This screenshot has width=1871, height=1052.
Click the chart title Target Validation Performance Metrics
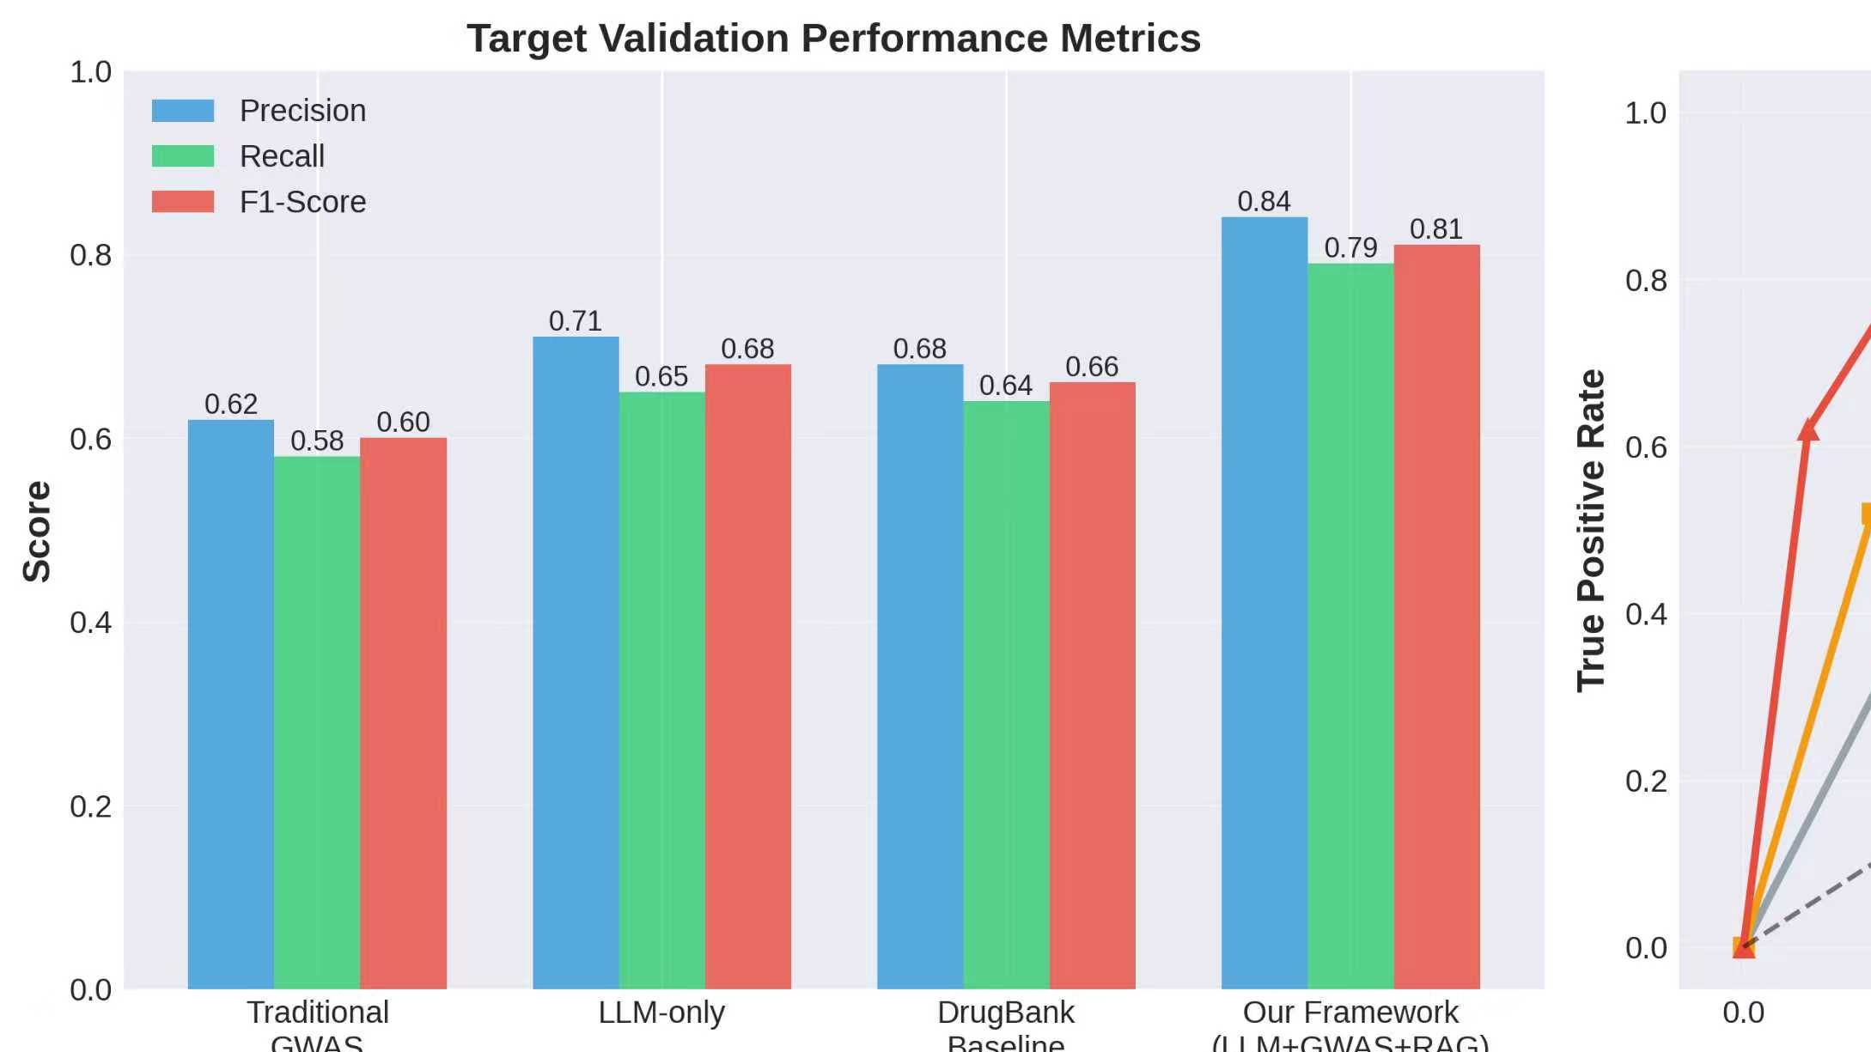coord(832,39)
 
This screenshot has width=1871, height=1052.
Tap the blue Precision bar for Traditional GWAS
coord(230,704)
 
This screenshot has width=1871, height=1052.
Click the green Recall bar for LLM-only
coord(661,687)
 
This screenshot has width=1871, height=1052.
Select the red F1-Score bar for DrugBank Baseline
coord(1092,687)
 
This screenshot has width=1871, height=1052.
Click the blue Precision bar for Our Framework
coord(1264,601)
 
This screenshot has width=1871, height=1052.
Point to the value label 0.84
coord(1264,202)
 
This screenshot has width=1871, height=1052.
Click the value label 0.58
coord(316,441)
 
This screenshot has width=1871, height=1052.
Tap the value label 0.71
coord(575,321)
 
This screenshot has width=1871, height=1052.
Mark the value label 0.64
coord(1005,386)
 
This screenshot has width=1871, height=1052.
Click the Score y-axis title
coord(37,531)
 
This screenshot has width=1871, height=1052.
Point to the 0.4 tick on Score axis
coord(90,623)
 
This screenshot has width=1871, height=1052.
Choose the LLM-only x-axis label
coord(661,1012)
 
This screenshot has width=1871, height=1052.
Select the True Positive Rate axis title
coord(1590,531)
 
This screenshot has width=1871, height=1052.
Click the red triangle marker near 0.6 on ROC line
coord(1808,430)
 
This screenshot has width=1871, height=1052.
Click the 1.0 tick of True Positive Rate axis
coord(1645,113)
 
